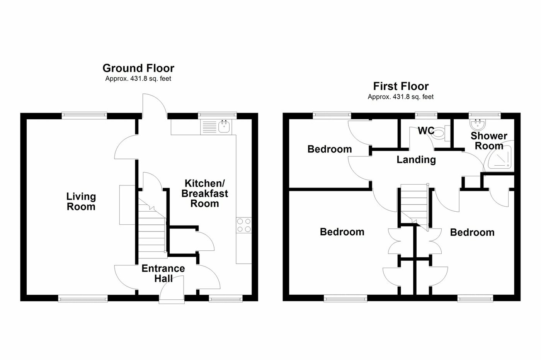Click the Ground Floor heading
coord(138,68)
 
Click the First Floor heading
coord(401,86)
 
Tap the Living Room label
coord(81,202)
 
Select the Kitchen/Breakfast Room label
coord(205,193)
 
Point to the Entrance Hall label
coord(163,273)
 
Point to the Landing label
coord(416,160)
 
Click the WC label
coord(426,131)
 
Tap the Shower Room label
coord(489,141)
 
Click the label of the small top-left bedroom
coord(330,149)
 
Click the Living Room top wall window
coord(84,114)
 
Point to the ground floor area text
coord(138,79)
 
